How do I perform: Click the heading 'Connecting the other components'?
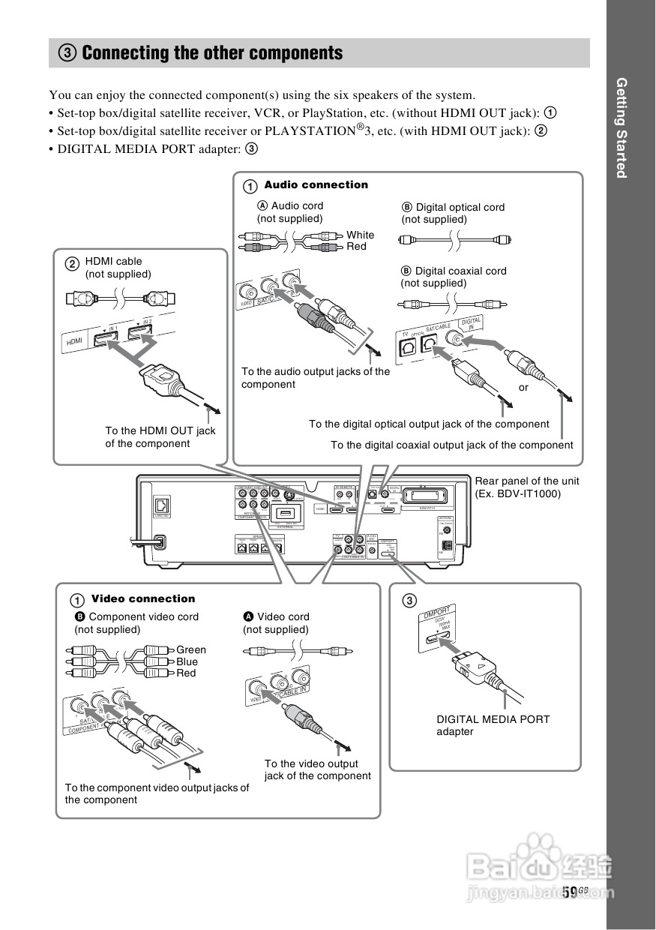coord(212,53)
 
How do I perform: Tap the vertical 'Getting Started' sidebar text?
coord(621,127)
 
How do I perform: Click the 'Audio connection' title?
coord(316,184)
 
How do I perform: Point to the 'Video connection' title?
coord(142,598)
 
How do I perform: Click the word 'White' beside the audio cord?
coord(360,235)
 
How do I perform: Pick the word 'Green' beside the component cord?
coord(191,649)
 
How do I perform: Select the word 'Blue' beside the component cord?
coord(187,661)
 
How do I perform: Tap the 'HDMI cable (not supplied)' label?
coord(118,268)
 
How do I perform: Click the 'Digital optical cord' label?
coord(459,207)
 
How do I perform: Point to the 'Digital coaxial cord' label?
coord(460,271)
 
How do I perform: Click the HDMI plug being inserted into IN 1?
coord(161,379)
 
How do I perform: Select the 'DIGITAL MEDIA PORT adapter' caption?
coord(493,724)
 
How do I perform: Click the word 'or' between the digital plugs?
coord(524,388)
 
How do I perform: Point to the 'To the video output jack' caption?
coord(317,769)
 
